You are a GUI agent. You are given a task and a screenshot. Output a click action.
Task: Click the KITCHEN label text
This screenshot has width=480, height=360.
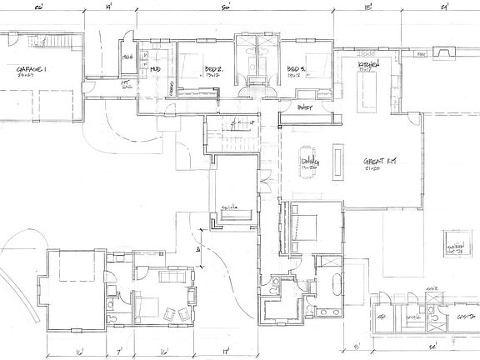(369, 64)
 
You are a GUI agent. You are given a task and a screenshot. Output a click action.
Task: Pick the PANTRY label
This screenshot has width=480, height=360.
(305, 107)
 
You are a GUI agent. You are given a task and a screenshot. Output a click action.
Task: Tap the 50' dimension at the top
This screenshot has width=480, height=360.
(225, 8)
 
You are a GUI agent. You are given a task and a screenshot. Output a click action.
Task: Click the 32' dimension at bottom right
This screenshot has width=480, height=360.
(431, 345)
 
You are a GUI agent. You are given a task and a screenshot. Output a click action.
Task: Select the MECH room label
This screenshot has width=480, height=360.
(128, 57)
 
